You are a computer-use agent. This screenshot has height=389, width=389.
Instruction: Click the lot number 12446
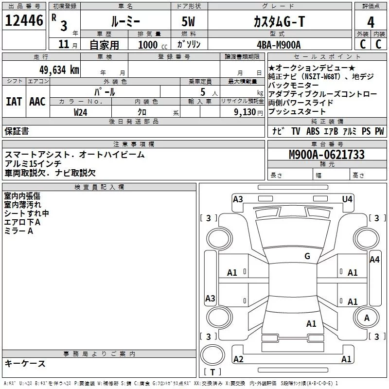(24, 20)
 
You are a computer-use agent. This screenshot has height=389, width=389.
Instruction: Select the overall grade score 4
(371, 22)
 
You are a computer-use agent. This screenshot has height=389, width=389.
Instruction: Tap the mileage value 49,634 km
(59, 70)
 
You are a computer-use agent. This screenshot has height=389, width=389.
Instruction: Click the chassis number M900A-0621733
(327, 155)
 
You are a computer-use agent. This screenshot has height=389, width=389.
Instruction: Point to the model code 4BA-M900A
(279, 45)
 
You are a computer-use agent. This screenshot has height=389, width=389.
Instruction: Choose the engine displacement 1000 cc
(153, 45)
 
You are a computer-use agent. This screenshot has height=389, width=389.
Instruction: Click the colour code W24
(80, 112)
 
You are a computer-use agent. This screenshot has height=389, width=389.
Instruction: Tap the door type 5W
(188, 21)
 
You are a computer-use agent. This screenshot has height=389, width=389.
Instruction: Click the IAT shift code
(14, 102)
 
